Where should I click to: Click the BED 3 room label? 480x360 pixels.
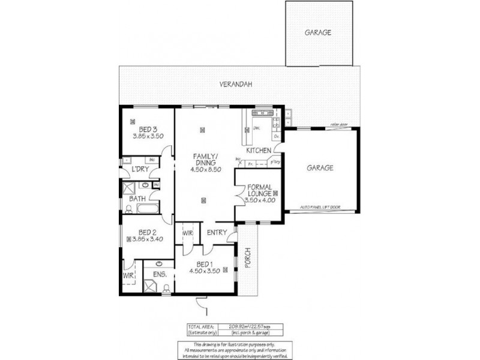coord(148,129)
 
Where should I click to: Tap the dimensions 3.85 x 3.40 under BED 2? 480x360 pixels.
coord(148,239)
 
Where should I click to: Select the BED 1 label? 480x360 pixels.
coord(205,264)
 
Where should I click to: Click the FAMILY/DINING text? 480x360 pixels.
coord(206,160)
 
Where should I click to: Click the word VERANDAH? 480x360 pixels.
coord(233,85)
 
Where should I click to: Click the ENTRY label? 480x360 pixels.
coord(216,232)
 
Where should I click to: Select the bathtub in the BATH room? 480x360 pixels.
coord(148,209)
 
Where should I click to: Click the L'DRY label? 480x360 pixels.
coord(140,169)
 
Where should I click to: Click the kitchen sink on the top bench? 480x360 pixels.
coord(262,113)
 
